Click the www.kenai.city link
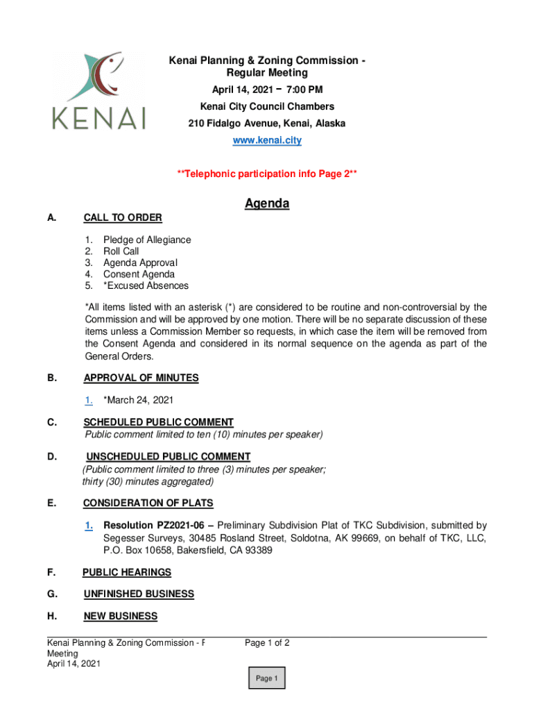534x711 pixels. click(267, 140)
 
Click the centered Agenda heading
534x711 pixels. click(267, 203)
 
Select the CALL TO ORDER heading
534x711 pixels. click(123, 218)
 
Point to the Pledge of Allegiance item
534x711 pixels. click(147, 240)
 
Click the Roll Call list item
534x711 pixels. click(121, 251)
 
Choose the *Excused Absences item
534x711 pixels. click(146, 285)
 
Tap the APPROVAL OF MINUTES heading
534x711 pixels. click(141, 378)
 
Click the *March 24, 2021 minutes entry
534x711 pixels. click(138, 400)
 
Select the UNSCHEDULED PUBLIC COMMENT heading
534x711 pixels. click(168, 456)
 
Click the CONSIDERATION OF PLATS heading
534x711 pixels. click(148, 503)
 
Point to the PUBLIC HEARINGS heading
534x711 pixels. click(127, 572)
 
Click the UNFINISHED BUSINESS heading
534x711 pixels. click(139, 594)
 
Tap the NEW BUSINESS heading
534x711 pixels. click(120, 616)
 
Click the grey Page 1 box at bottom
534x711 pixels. click(266, 678)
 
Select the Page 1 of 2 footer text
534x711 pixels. click(267, 643)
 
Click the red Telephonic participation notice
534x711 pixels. click(267, 174)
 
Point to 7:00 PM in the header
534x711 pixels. click(306, 90)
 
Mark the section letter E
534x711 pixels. click(51, 503)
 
